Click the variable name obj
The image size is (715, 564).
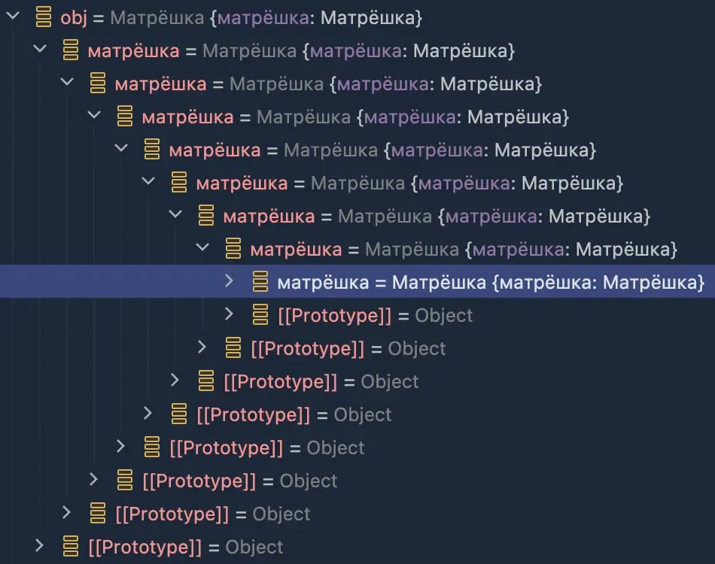coord(74,18)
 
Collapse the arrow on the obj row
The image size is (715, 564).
coord(13,16)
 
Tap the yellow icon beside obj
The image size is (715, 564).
coord(44,17)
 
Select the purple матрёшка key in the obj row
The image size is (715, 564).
coord(263,18)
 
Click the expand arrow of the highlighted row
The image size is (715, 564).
coord(229,280)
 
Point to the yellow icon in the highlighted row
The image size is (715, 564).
coord(260,281)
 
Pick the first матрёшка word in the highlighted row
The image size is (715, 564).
coord(323,283)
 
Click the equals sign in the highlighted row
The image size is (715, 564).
coord(380,284)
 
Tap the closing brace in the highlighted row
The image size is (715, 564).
coord(701,283)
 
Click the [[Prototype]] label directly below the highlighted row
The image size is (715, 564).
coord(335,316)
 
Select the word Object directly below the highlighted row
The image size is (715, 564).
coord(444,316)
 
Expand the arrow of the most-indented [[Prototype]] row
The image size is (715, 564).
coord(229,314)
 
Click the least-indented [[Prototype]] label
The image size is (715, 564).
coord(145,547)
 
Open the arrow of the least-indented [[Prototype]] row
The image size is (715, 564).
coord(39,545)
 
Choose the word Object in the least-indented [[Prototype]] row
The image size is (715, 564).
coord(254,547)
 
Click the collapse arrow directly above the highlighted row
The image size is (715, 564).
coord(202,247)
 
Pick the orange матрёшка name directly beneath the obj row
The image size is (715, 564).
coord(133,51)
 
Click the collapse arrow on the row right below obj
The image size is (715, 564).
coord(40,49)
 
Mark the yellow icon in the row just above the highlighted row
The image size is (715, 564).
coord(233,248)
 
